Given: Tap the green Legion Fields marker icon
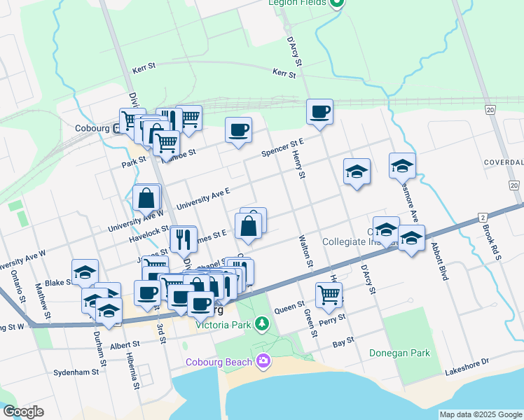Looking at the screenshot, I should (337, 3).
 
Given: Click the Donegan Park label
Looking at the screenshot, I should (399, 353).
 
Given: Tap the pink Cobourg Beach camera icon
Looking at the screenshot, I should (263, 361).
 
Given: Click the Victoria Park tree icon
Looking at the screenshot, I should (261, 323).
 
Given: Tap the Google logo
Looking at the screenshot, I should (23, 412).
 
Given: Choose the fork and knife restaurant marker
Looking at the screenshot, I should (182, 239).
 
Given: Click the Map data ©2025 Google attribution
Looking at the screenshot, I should (481, 414).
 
